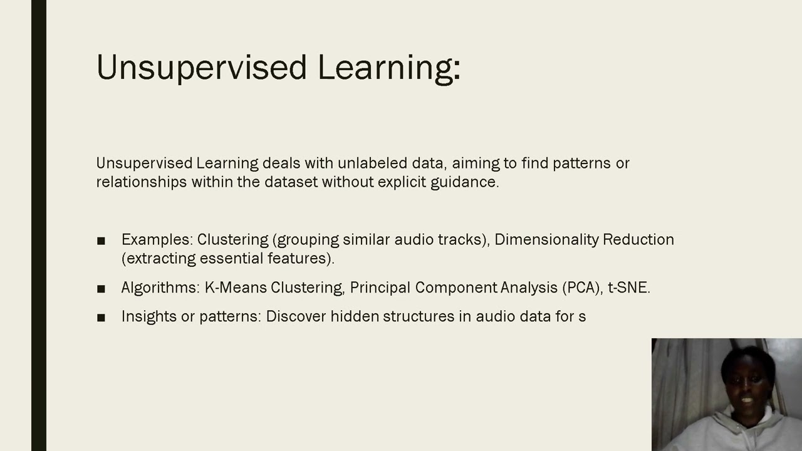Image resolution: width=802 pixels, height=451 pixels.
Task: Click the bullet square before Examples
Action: click(x=102, y=241)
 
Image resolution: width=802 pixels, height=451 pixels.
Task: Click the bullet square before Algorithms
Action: click(x=102, y=289)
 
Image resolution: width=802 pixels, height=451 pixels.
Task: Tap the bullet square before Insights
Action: click(x=102, y=318)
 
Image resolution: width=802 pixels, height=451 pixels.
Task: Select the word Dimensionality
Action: click(x=546, y=240)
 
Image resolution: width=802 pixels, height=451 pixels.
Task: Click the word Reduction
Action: click(x=638, y=240)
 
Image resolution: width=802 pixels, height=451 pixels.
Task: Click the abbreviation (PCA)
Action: click(x=582, y=288)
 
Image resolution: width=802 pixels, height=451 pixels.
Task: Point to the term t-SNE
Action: click(x=629, y=288)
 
